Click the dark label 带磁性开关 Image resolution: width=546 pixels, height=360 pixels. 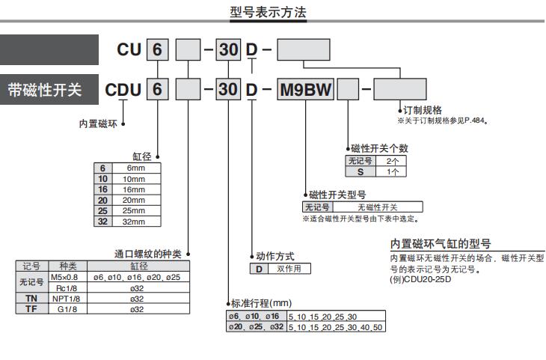[x=50, y=90]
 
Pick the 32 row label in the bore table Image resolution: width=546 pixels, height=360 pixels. [x=103, y=222]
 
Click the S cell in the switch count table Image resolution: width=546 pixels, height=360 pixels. [x=361, y=171]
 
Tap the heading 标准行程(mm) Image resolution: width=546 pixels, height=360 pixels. [x=261, y=304]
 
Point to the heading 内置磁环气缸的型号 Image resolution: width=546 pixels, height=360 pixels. [x=441, y=243]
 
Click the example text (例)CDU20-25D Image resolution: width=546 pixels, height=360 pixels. [x=421, y=281]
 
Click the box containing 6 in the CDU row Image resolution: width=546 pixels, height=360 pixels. [x=158, y=90]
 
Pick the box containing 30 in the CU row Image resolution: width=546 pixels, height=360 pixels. [x=228, y=51]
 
